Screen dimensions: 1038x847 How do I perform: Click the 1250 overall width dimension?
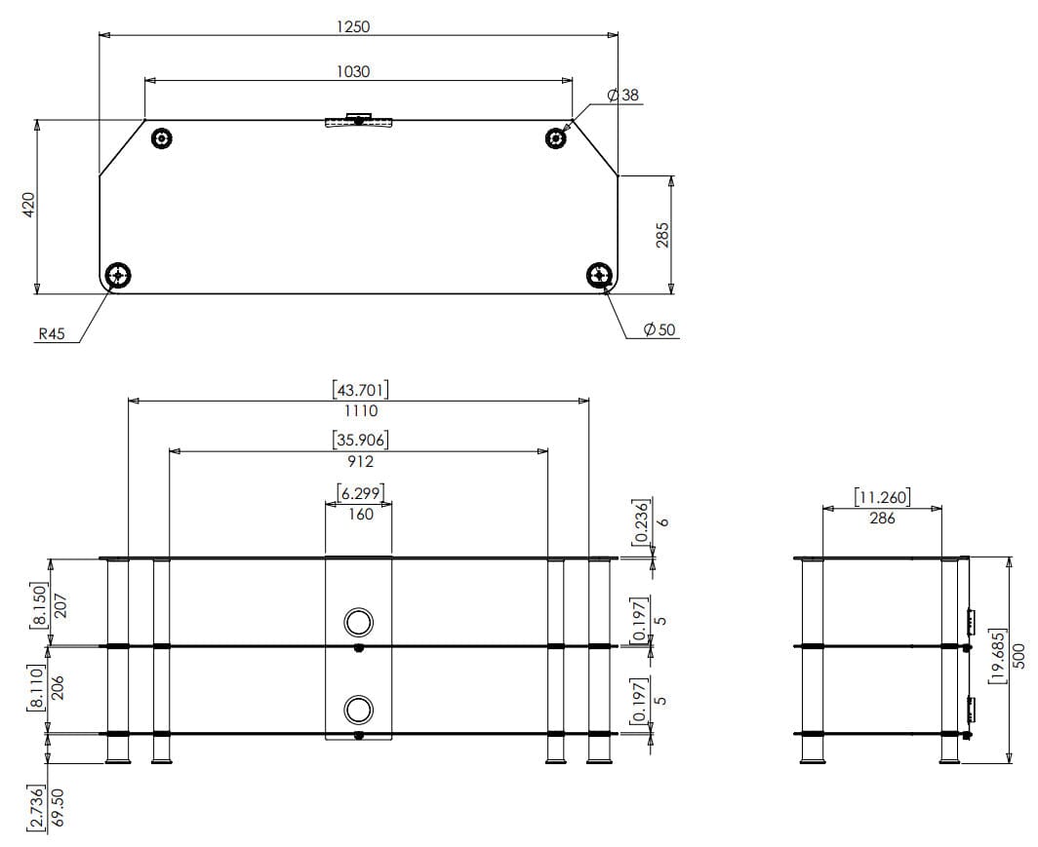pos(353,26)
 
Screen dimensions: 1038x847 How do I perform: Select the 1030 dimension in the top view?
pos(353,71)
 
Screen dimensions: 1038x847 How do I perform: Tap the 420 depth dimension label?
pos(27,205)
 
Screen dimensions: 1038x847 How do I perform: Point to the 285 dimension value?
pos(662,236)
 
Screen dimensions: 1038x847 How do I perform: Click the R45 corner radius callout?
pos(52,333)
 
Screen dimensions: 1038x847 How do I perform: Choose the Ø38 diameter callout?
pos(623,96)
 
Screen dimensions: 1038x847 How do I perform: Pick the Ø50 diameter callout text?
pos(659,329)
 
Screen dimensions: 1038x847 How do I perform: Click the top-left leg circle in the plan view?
pos(162,138)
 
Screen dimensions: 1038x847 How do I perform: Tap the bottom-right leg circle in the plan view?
pos(600,275)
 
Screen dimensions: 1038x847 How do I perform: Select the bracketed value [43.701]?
pos(360,390)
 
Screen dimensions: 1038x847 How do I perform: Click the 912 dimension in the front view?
pos(360,462)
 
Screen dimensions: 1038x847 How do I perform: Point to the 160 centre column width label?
pos(360,514)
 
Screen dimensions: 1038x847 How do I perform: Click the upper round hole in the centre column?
pos(358,622)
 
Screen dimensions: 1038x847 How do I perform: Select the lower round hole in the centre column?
pos(358,710)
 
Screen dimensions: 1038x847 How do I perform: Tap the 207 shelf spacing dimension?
pos(60,605)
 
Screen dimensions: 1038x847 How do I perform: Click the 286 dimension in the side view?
pos(883,518)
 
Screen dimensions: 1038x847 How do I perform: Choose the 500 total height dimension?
pos(1018,655)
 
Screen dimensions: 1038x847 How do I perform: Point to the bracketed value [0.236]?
pos(640,521)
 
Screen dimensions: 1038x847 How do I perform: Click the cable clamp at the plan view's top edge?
pos(358,120)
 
